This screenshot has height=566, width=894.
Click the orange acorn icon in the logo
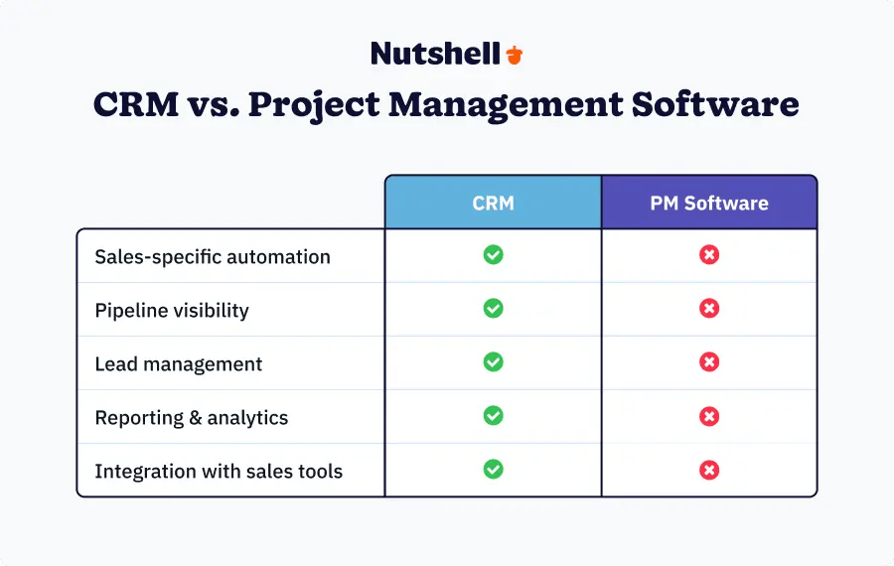[514, 54]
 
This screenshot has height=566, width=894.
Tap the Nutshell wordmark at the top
[435, 54]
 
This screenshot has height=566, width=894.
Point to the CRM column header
[493, 203]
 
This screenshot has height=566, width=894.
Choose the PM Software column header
[709, 203]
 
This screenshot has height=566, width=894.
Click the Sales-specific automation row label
[213, 256]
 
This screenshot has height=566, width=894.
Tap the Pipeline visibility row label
[172, 310]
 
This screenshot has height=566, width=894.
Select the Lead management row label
[179, 363]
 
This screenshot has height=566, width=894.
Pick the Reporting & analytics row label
[192, 417]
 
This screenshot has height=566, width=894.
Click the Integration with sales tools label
[219, 471]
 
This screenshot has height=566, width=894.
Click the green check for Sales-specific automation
[493, 255]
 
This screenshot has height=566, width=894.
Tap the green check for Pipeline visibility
[493, 309]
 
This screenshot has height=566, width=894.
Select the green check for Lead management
[493, 362]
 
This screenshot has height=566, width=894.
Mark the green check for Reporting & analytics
[493, 416]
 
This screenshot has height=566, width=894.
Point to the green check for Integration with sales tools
[493, 470]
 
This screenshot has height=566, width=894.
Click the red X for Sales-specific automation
[709, 255]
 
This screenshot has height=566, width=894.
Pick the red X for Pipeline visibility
[709, 309]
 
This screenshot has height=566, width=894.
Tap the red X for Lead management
[709, 362]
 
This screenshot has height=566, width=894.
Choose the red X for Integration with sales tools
[709, 470]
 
